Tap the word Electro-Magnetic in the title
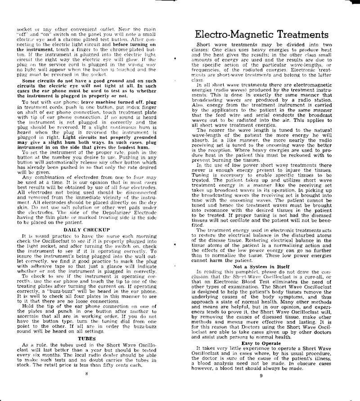click(x=226, y=35)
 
